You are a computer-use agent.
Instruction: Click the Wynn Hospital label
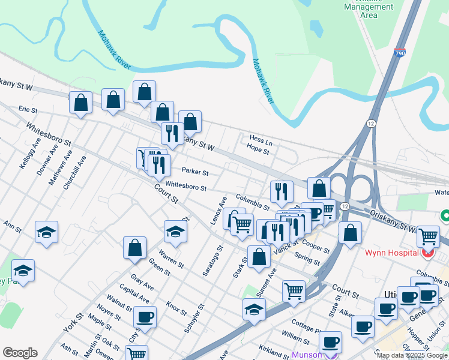[x=392, y=253]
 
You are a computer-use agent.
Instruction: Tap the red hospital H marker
[x=427, y=254]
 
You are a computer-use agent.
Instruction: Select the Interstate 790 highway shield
[x=400, y=53]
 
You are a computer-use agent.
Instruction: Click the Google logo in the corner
[x=20, y=353]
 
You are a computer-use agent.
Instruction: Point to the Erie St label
[x=28, y=110]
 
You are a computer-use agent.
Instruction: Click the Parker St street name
[x=195, y=172]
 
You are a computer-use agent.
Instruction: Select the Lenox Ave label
[x=218, y=210]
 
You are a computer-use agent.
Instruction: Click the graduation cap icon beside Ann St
[x=46, y=232]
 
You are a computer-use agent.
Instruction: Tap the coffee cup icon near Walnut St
[x=144, y=317]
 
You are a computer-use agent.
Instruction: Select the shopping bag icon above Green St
[x=135, y=247]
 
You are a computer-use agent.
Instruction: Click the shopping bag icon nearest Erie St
[x=81, y=103]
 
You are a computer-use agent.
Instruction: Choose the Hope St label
[x=258, y=151]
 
